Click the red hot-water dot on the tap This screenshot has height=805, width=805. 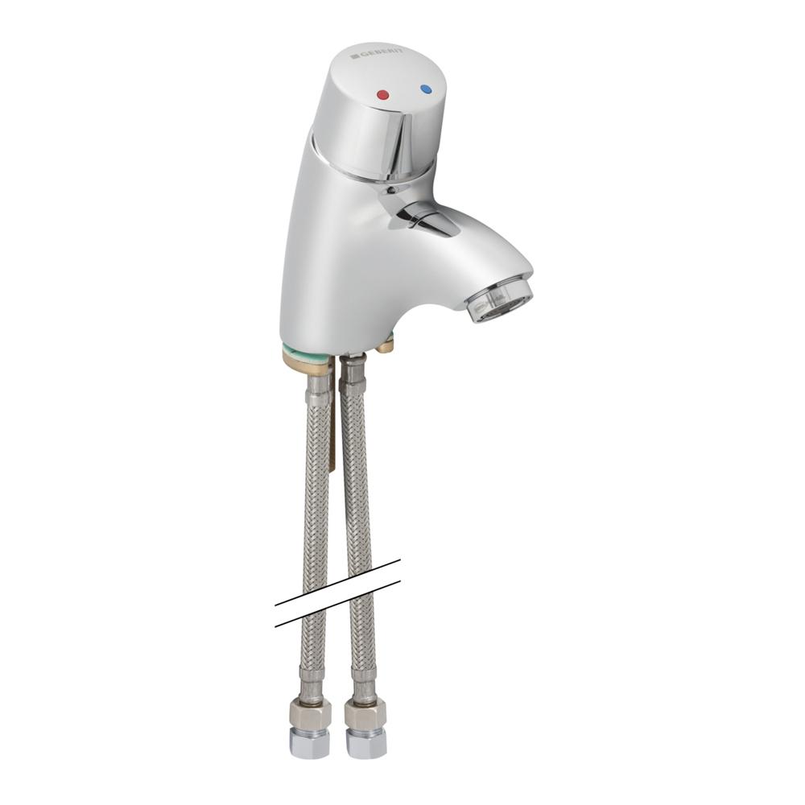click(x=382, y=95)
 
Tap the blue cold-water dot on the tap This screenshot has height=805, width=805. click(x=426, y=89)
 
